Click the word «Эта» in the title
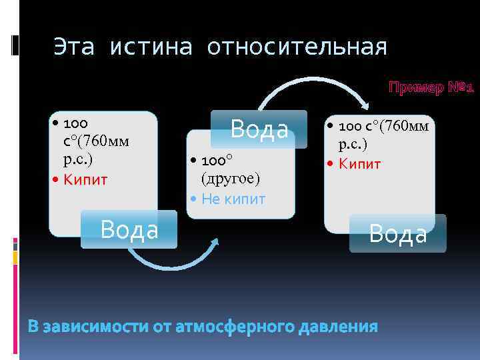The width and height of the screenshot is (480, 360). (75, 47)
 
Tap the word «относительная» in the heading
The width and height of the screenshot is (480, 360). (297, 47)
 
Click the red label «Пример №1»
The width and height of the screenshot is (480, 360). (431, 87)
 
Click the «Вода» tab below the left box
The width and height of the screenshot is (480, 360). (129, 229)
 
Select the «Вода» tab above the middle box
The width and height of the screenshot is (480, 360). (259, 129)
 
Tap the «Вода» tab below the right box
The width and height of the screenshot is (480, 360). (397, 233)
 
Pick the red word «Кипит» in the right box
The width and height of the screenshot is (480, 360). (359, 164)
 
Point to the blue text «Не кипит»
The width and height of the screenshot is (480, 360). (233, 199)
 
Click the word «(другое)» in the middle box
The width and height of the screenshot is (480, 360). (231, 179)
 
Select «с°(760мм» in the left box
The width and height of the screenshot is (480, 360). (93, 141)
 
